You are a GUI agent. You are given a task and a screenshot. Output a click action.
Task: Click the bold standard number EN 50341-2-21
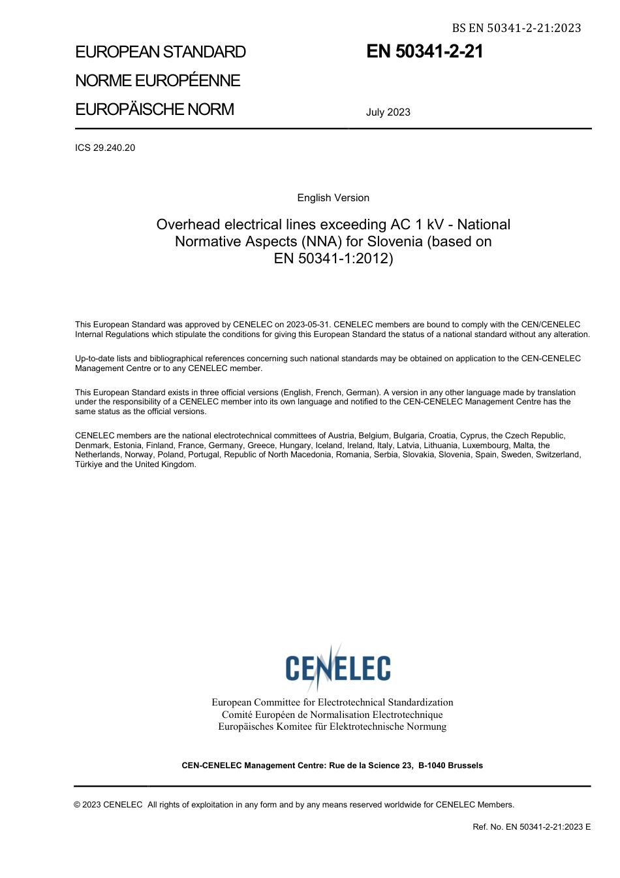[424, 52]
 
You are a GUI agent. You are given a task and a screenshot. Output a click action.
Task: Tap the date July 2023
[388, 112]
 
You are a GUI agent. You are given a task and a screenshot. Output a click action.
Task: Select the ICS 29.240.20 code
[105, 148]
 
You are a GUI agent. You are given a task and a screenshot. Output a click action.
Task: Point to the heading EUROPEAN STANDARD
[161, 52]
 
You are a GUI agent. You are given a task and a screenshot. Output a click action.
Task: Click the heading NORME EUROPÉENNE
[158, 81]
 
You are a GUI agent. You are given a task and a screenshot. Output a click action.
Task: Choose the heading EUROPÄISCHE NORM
[155, 109]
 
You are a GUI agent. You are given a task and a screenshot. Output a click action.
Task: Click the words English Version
[333, 198]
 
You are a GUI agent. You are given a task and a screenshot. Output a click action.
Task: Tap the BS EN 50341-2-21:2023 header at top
[516, 27]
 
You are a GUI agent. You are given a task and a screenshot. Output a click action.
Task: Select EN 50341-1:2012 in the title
[333, 259]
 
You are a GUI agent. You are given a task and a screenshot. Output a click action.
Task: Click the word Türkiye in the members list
[89, 464]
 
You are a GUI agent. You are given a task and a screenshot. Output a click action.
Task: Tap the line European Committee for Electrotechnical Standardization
[332, 702]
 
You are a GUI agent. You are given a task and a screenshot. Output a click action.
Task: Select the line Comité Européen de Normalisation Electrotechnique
[332, 715]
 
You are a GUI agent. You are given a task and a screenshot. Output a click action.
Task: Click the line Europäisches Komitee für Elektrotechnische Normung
[332, 726]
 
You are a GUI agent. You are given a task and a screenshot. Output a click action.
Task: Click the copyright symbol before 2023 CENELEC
[78, 805]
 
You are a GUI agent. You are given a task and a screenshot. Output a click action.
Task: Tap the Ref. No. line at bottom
[531, 827]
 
